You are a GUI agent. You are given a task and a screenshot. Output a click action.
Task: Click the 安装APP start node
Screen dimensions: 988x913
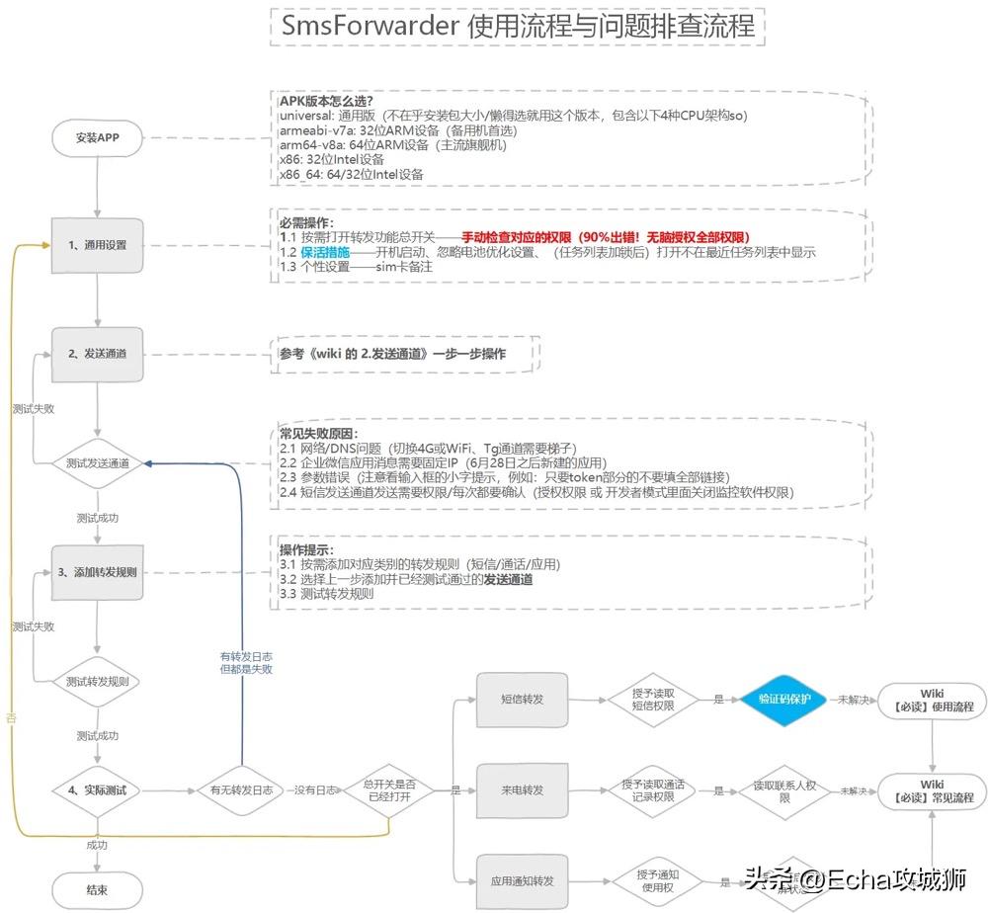click(x=97, y=137)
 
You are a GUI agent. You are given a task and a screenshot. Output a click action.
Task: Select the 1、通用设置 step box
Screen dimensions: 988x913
click(x=97, y=245)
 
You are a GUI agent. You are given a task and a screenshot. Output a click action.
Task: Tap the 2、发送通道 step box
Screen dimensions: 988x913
click(x=97, y=354)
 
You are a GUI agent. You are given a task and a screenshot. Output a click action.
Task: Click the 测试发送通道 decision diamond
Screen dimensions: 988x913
click(x=97, y=462)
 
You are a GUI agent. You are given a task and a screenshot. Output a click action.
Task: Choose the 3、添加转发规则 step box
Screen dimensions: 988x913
click(x=97, y=572)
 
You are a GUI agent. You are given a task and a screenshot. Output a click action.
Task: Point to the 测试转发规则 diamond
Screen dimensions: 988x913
click(x=97, y=681)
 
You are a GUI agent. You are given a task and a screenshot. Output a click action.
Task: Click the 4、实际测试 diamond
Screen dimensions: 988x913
click(x=97, y=790)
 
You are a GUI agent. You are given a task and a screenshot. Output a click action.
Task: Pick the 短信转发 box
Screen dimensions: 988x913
click(x=522, y=699)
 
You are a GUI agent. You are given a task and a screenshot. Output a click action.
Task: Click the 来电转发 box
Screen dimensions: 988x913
click(x=522, y=790)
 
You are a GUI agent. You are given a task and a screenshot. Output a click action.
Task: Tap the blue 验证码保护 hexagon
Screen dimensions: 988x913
click(x=784, y=699)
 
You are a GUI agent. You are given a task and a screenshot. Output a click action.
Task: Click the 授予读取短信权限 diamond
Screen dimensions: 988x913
click(x=653, y=699)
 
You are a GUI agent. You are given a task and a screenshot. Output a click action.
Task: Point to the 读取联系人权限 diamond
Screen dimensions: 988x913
click(x=784, y=790)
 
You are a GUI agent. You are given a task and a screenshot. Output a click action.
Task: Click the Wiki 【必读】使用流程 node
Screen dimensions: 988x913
click(x=932, y=700)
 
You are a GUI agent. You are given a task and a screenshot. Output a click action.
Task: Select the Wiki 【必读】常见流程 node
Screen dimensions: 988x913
click(x=932, y=790)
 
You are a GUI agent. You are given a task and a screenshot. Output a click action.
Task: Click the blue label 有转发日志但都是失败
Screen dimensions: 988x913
click(x=245, y=662)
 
